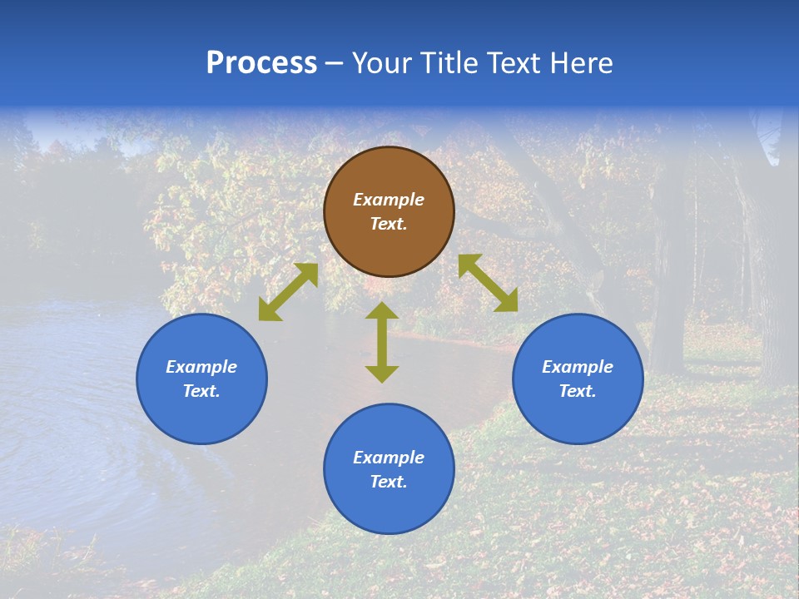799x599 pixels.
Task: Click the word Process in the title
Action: tap(261, 63)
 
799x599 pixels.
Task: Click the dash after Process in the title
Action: tap(334, 64)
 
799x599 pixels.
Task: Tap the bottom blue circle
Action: tap(389, 507)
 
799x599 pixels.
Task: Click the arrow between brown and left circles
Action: tap(288, 292)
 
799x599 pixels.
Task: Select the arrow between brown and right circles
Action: tap(488, 283)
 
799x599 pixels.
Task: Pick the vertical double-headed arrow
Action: tap(382, 342)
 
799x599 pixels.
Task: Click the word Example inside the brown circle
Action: tap(389, 200)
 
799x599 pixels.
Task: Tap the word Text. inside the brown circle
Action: tap(389, 224)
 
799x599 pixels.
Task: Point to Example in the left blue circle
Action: tap(201, 367)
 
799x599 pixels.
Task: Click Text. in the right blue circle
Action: tap(578, 391)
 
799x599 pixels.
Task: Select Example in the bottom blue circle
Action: tap(389, 458)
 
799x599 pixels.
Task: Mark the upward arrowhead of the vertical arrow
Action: tap(382, 310)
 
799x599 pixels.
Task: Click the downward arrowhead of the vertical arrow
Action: tap(382, 374)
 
